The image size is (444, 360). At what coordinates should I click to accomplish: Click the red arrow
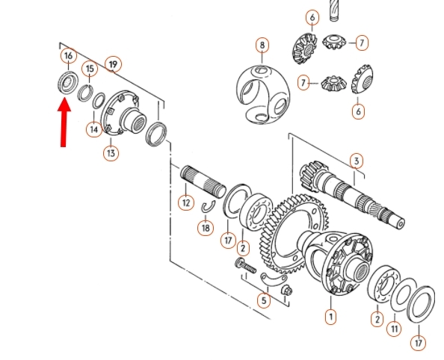pos(64,122)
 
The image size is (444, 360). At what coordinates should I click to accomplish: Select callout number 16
pos(69,56)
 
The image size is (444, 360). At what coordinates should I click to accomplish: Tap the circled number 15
pos(90,69)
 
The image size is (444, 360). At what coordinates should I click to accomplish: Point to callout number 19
pos(113,64)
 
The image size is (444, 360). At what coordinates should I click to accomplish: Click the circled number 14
pos(94,130)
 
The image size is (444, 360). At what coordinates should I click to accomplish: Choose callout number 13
pos(111,153)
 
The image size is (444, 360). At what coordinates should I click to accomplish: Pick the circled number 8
pos(262,46)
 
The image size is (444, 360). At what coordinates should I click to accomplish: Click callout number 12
pos(186,202)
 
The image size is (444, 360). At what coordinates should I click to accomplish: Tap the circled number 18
pos(206,228)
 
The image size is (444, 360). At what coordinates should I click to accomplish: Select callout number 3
pos(357,161)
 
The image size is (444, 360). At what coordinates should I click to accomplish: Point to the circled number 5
pos(264,300)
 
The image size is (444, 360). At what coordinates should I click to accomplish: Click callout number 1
pos(330,317)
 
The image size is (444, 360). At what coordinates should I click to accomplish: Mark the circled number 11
pos(394,329)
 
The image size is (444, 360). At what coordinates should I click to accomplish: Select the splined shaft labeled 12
pos(203,182)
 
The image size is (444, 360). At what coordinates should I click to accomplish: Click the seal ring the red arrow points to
pos(68,82)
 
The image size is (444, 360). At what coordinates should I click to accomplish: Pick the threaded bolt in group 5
pos(245,266)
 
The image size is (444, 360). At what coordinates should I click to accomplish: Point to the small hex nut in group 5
pos(286,290)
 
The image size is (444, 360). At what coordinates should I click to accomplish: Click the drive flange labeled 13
pos(124,114)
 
